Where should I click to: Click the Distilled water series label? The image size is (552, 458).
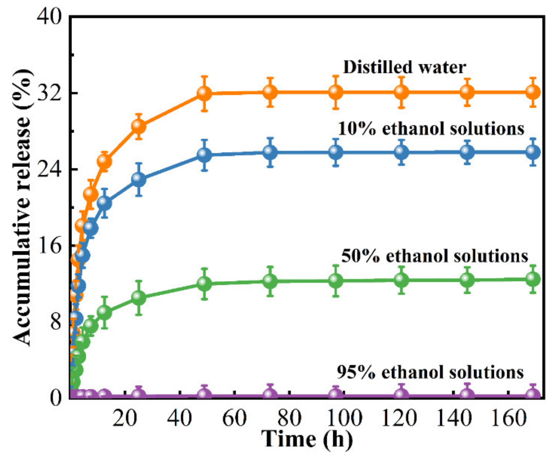tap(405, 67)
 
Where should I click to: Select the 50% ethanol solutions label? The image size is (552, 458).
tap(435, 256)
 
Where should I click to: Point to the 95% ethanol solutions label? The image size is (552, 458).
tap(430, 372)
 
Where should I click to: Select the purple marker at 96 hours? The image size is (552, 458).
tap(335, 394)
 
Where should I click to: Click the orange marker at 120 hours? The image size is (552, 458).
tap(402, 92)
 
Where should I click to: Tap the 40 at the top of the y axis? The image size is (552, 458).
tap(49, 17)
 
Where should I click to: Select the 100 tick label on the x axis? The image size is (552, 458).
tap(344, 418)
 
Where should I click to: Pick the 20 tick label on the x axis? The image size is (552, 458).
tap(125, 418)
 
